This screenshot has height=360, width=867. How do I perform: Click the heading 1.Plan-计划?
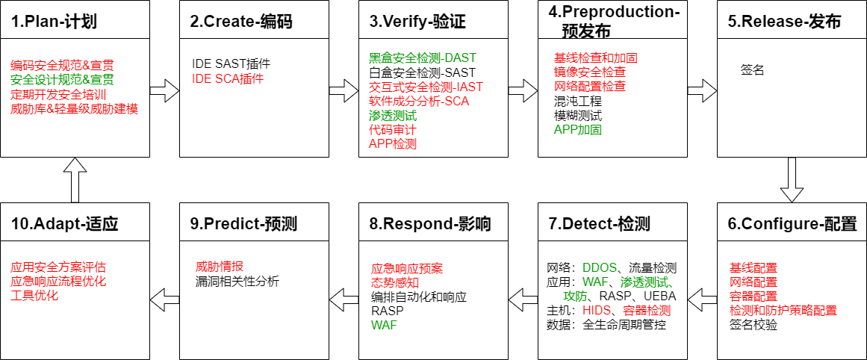point(57,22)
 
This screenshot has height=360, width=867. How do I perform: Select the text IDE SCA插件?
point(228,78)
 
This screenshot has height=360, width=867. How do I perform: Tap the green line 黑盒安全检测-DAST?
point(422,58)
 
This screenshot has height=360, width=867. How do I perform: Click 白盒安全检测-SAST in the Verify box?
point(422,72)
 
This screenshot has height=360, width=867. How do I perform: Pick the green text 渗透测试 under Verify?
point(393,116)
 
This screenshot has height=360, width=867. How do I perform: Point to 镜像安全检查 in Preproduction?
point(590,72)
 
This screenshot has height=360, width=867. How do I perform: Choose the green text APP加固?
point(578,129)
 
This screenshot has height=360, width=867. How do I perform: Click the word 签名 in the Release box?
point(752,70)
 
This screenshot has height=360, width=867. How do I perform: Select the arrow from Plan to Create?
point(164,92)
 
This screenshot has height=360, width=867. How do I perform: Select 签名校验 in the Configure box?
point(753,324)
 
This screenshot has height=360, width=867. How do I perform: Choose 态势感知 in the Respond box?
point(395,282)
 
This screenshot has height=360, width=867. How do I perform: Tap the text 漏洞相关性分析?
point(237,281)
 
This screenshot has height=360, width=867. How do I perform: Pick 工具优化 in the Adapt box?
point(34,295)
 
